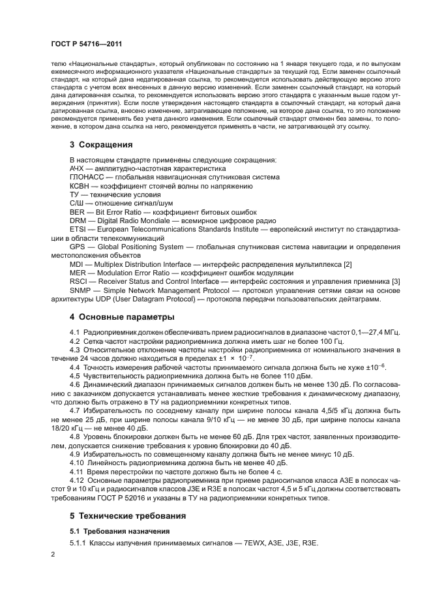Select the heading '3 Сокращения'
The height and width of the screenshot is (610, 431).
(101, 145)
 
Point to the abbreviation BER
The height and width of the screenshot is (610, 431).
(78, 212)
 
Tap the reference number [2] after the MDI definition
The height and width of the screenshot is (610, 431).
(348, 264)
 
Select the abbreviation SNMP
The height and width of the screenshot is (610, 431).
(81, 290)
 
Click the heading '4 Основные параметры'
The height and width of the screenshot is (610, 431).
(122, 317)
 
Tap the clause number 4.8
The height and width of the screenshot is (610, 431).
(75, 435)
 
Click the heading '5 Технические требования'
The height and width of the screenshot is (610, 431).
(129, 515)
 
